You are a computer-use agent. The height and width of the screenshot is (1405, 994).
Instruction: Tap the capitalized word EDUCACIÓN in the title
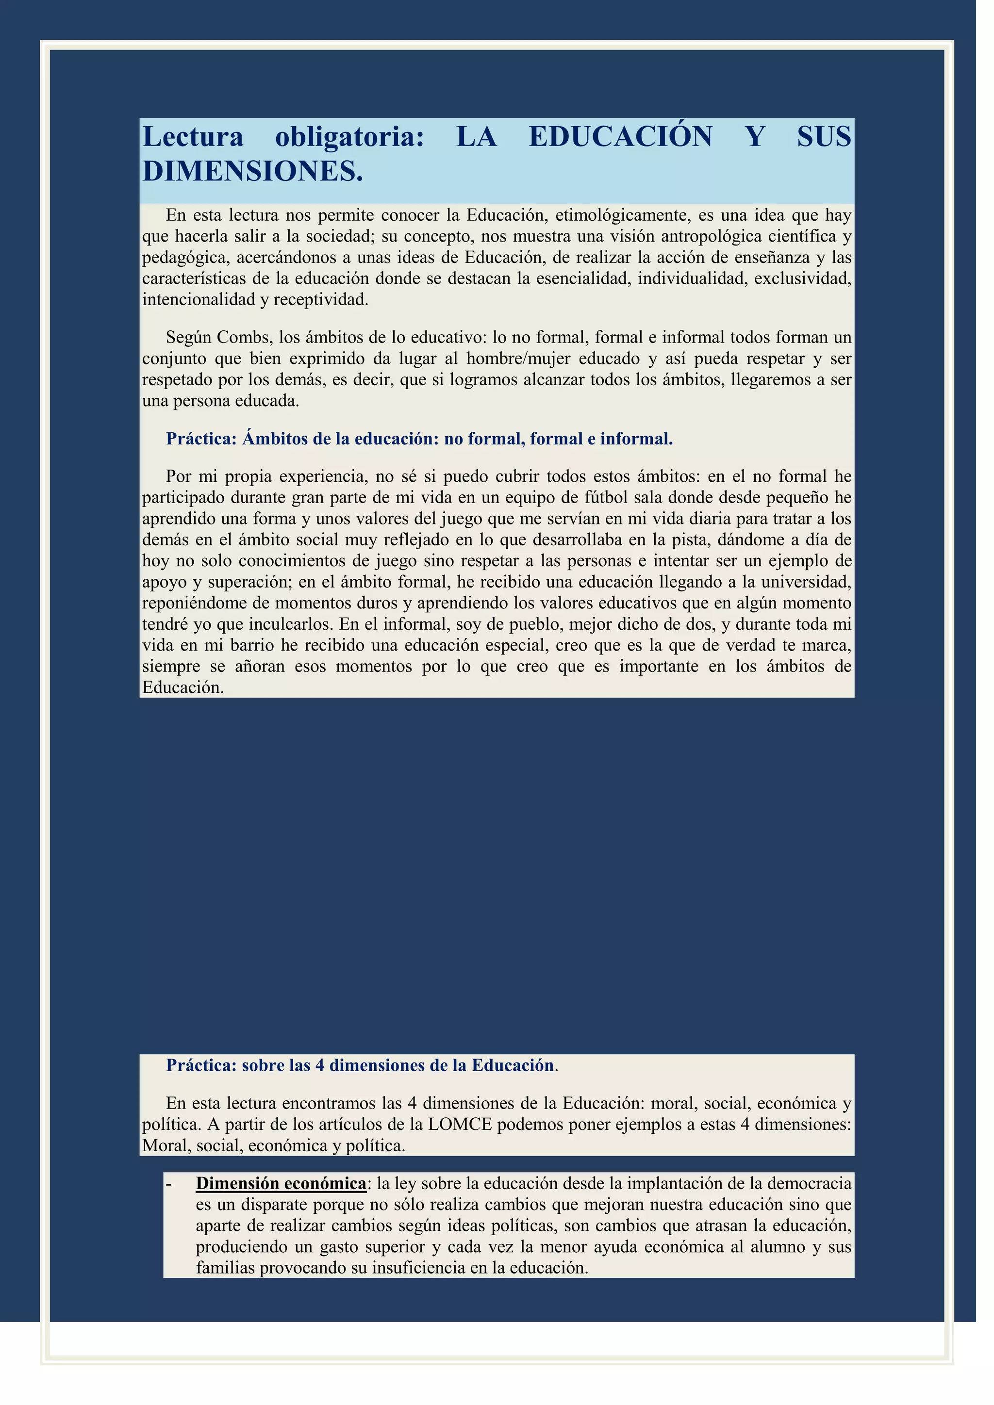[620, 136]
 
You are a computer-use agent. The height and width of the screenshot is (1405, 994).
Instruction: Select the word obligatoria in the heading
[349, 136]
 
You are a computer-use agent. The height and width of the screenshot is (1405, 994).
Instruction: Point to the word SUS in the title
[824, 136]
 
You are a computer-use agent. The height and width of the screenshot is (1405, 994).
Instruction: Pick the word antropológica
[711, 236]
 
